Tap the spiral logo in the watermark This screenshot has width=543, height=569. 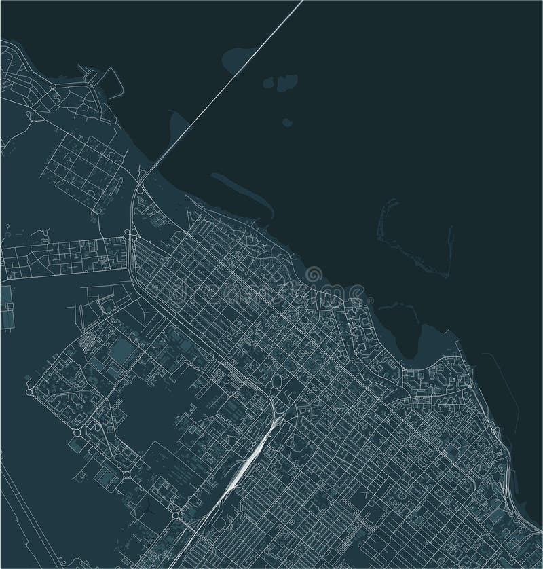point(314,276)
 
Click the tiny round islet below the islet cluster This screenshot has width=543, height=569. point(286,123)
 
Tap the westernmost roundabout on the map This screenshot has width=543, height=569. point(29,392)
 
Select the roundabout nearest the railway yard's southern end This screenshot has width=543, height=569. point(177,516)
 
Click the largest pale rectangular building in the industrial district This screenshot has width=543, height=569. point(122,352)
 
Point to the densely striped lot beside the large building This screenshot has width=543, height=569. point(88,343)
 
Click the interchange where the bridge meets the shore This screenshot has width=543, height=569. point(138,183)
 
